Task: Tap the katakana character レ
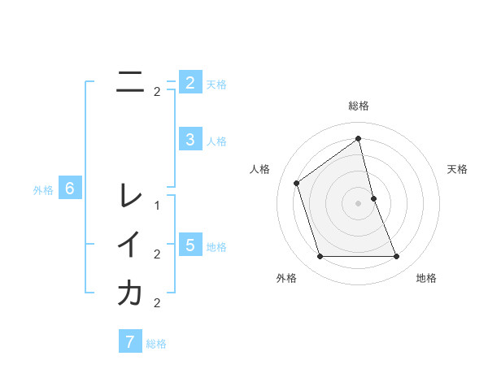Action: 130,195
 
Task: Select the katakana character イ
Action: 130,245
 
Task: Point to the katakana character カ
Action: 130,293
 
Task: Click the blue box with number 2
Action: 190,83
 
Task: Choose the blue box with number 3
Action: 190,140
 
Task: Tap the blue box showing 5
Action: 190,245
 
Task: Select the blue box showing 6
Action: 70,189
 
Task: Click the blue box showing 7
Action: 130,341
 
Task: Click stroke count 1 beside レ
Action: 157,206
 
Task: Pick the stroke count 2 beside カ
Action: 157,303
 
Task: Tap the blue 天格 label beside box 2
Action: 216,84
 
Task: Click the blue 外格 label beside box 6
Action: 43,190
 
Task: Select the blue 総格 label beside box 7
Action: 156,343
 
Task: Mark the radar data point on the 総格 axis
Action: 358,138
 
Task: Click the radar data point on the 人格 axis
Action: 297,183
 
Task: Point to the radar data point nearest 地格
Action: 396,257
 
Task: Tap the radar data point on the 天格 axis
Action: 373,198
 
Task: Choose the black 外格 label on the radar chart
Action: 286,278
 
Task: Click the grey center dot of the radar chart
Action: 358,203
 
